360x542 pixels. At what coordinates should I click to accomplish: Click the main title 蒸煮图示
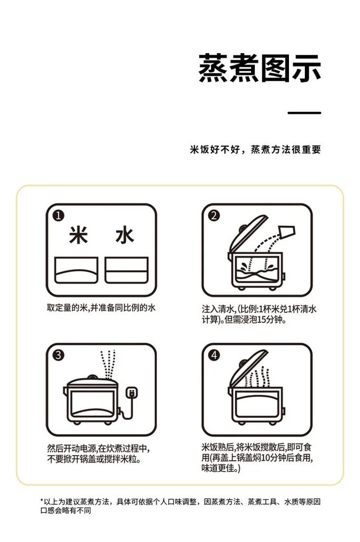(x=259, y=68)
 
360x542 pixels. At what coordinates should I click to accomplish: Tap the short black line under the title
(x=304, y=113)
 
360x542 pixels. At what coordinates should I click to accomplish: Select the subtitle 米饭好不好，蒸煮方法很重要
(x=255, y=150)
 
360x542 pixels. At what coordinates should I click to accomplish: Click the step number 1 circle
(x=59, y=216)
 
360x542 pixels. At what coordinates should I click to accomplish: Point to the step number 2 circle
(x=214, y=216)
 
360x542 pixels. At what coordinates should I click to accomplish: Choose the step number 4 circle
(x=214, y=355)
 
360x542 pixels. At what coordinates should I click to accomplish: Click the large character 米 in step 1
(x=78, y=236)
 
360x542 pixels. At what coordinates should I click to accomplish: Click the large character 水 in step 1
(x=124, y=236)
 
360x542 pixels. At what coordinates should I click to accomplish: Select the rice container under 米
(x=76, y=270)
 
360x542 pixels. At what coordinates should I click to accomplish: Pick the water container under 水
(x=126, y=270)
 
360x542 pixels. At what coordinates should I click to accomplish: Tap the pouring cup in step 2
(x=288, y=231)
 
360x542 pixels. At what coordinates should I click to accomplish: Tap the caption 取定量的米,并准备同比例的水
(x=101, y=308)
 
